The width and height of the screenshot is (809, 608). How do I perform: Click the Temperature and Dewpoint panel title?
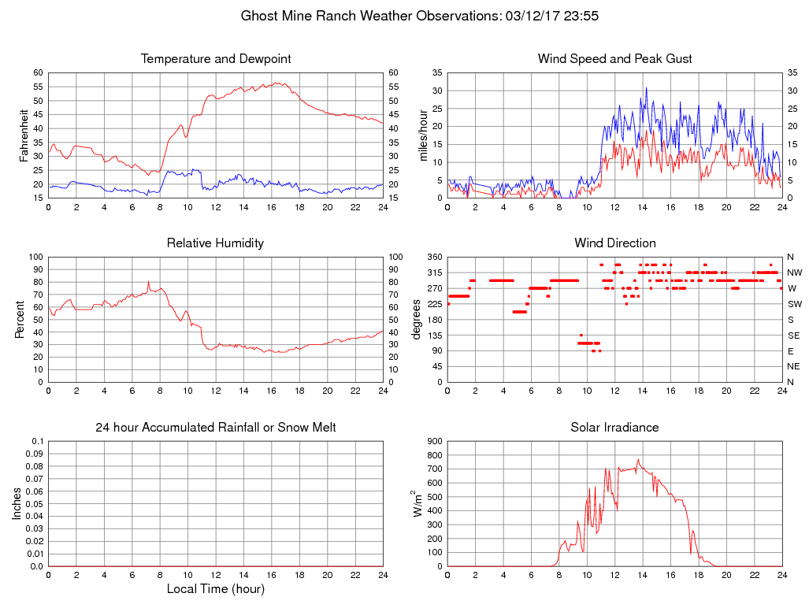tap(215, 59)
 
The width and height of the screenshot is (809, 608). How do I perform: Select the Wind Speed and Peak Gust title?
tap(614, 59)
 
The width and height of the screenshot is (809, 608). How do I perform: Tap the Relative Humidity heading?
tap(215, 243)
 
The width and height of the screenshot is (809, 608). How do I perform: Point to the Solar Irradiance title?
tap(614, 427)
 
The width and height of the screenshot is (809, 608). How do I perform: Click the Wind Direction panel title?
tap(614, 243)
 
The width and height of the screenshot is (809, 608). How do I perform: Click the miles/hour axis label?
tap(424, 135)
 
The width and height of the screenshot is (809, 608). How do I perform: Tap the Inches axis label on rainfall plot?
tap(18, 503)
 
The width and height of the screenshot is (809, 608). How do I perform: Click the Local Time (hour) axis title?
tap(215, 588)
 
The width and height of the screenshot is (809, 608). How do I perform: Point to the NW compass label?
tap(794, 272)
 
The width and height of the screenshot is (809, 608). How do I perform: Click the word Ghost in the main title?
tap(258, 16)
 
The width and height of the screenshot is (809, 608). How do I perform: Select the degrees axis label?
tap(417, 319)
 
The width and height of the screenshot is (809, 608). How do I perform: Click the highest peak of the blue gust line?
tap(646, 87)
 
